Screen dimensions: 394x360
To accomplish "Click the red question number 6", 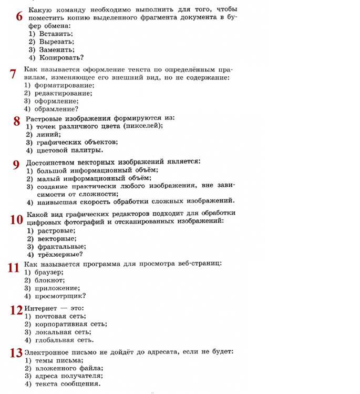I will (x=19, y=16).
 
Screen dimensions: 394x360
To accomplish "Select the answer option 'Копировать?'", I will (x=61, y=57).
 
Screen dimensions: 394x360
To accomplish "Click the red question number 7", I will (x=13, y=74).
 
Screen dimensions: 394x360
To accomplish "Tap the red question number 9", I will (x=16, y=164).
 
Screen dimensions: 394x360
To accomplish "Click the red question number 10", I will (x=16, y=220).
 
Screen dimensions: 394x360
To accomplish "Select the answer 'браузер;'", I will (x=49, y=271).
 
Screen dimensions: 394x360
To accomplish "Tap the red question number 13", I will (x=16, y=352).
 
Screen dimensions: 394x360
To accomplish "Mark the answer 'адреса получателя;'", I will (x=68, y=376).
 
